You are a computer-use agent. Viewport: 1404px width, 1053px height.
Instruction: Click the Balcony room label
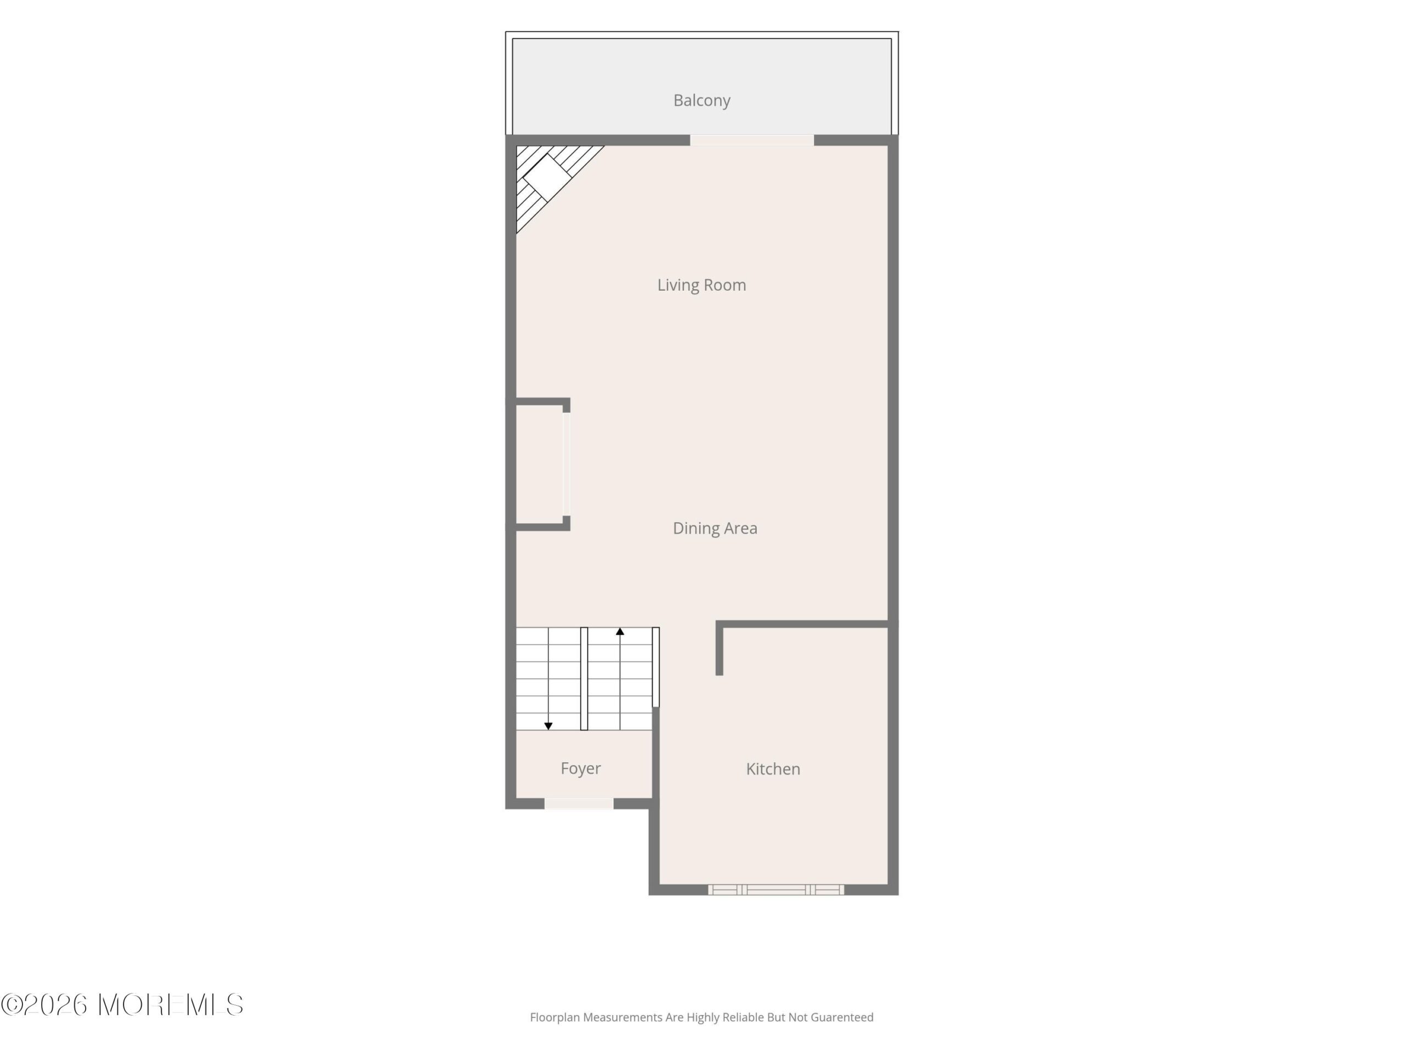coord(701,100)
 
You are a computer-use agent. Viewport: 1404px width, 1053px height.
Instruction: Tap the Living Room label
coord(701,286)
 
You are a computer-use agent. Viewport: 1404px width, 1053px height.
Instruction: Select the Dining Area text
coord(715,528)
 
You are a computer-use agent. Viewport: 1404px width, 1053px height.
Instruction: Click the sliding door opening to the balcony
coord(751,140)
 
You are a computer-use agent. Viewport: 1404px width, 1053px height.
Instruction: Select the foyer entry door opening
coord(578,803)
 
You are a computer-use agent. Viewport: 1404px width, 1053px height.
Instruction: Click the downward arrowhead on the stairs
coord(548,726)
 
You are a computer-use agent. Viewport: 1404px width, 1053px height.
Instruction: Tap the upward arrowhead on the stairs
coord(620,632)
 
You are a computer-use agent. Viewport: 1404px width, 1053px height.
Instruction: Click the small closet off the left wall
coord(540,464)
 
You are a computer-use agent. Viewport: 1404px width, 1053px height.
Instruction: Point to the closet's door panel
coord(566,464)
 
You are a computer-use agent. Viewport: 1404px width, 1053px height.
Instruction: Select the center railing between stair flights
coord(584,678)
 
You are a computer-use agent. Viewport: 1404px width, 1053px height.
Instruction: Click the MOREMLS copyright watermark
coord(122,1005)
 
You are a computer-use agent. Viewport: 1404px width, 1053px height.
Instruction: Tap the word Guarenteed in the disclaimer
coord(842,1017)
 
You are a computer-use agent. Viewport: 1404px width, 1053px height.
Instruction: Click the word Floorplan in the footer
coord(556,1017)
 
